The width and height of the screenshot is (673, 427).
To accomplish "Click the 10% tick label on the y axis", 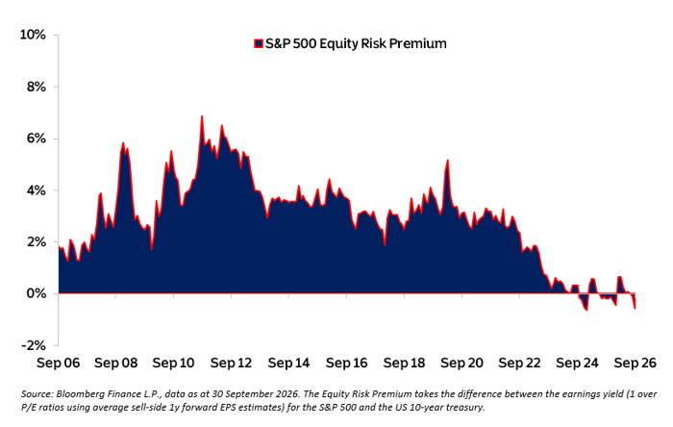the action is (33, 35).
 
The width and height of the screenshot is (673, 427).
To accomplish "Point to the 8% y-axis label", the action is (37, 87).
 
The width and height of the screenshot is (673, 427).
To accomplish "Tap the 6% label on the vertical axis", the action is (37, 138).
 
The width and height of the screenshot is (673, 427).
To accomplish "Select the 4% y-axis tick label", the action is (37, 190).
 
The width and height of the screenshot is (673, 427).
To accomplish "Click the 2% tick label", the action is (37, 241).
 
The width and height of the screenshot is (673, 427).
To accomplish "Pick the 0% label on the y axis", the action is (37, 293).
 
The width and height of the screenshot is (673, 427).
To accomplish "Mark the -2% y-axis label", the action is (34, 345).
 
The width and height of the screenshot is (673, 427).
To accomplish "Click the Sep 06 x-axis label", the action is (58, 364).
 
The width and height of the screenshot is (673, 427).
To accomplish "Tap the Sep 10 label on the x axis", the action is (173, 364).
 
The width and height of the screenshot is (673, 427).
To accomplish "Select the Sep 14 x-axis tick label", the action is (288, 364).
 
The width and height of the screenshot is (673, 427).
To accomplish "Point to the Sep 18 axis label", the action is (404, 364).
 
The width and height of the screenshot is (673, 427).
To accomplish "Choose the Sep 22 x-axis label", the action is (519, 364).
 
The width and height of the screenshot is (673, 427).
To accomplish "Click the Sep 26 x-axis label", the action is (635, 364).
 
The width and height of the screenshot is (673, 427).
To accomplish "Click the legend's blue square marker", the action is (259, 44).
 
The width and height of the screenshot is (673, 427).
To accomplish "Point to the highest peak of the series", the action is (202, 115).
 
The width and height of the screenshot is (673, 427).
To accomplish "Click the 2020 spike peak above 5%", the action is (448, 160).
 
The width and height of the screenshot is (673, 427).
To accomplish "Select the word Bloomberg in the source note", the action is (76, 394).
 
